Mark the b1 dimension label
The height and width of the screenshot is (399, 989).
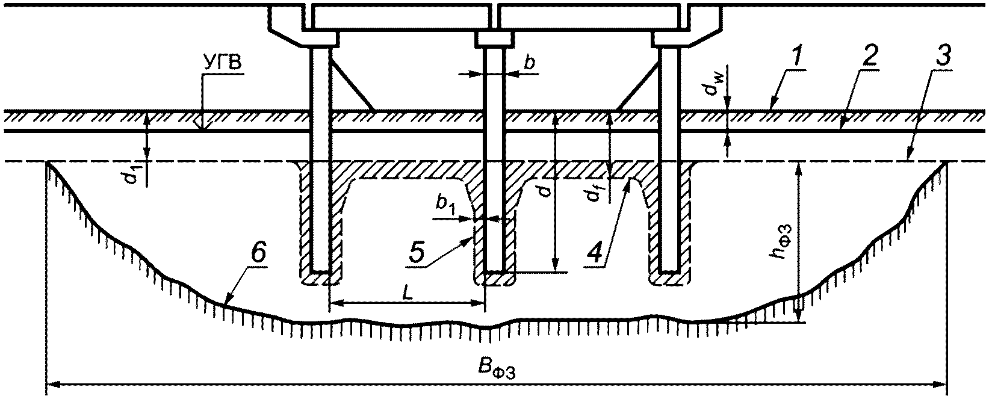[x=446, y=205]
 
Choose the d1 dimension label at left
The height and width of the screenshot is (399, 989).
[x=137, y=176]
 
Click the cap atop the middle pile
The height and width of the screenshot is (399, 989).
[x=495, y=39]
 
